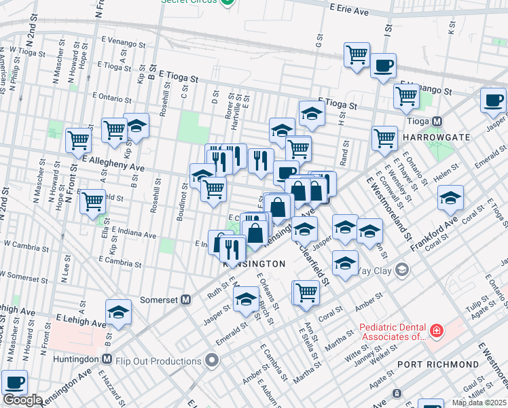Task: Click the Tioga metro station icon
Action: [437, 121]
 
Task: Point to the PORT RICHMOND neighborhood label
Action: [438, 364]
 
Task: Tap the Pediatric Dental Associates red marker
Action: [435, 331]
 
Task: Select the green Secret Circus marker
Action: [229, 2]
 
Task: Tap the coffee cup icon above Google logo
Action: [14, 382]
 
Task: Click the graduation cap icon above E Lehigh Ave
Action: [118, 311]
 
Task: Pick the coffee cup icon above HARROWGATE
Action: [493, 100]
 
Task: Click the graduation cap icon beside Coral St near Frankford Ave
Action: [450, 198]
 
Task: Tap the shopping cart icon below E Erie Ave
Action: [357, 54]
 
